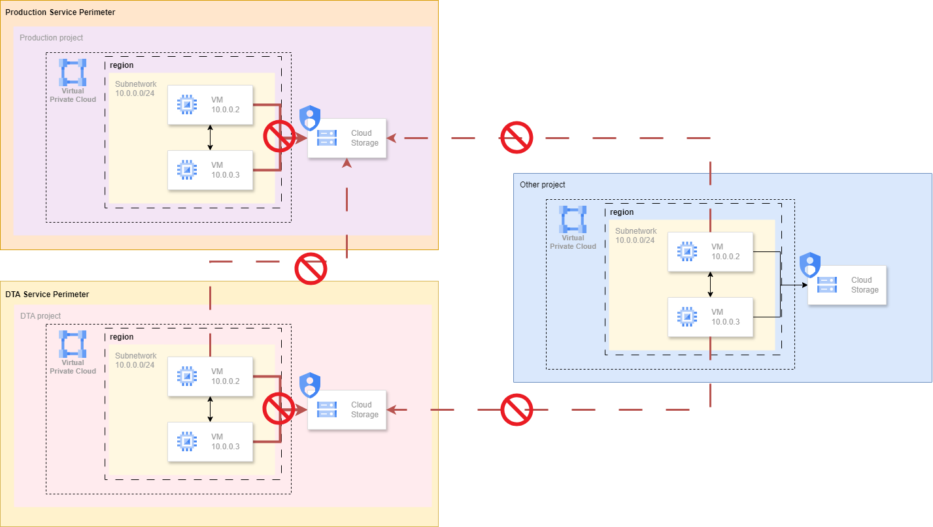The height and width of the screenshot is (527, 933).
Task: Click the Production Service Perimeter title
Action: click(x=60, y=12)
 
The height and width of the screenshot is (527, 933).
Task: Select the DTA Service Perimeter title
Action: click(x=47, y=295)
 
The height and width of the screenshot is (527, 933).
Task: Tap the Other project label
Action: click(x=542, y=185)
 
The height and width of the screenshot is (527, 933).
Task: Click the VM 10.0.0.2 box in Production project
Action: click(x=210, y=104)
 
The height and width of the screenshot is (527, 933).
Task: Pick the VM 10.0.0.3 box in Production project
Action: click(x=210, y=170)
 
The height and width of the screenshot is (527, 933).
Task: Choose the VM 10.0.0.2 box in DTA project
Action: click(x=210, y=376)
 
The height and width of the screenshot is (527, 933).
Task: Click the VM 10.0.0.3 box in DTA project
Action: click(x=210, y=441)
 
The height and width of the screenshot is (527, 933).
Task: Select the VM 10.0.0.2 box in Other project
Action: click(x=710, y=251)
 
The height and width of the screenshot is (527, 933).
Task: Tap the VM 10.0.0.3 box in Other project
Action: click(x=710, y=317)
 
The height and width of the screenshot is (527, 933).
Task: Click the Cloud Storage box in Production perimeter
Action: click(x=347, y=138)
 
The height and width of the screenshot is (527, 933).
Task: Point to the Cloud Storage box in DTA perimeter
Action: click(x=347, y=409)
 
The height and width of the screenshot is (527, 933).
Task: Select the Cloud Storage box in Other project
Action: click(x=847, y=285)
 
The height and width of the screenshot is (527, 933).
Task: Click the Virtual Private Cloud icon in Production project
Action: click(x=73, y=72)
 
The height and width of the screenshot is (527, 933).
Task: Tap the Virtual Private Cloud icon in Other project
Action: click(x=573, y=219)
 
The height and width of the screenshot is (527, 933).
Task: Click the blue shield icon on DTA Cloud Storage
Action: click(x=310, y=385)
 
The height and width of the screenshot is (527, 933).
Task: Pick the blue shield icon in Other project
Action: click(x=810, y=264)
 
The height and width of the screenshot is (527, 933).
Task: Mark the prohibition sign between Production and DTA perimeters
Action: click(x=311, y=268)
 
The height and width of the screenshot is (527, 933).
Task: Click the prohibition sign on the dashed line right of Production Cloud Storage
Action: click(x=517, y=137)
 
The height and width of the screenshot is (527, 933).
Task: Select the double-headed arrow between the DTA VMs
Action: click(x=210, y=409)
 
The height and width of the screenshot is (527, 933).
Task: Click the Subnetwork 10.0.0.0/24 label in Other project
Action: click(x=636, y=235)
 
